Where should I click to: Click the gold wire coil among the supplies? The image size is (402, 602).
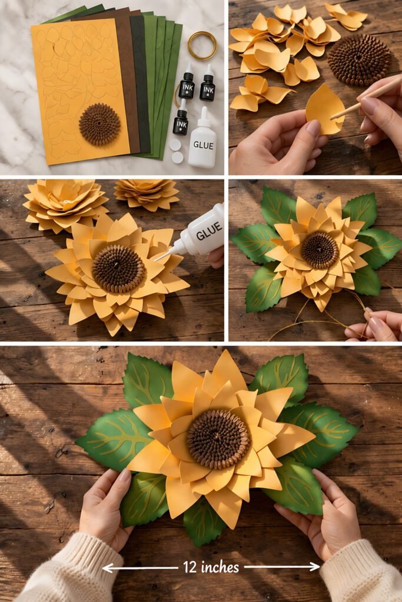click(202, 45)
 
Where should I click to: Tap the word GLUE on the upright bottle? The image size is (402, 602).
click(202, 145)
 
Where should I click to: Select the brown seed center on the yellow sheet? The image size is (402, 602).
click(99, 124)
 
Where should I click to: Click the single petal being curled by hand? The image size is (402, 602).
click(324, 109)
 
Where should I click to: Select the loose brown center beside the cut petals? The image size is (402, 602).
click(359, 59)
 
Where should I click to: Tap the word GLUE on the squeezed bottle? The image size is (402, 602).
click(208, 235)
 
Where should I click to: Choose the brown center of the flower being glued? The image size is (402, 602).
click(118, 269)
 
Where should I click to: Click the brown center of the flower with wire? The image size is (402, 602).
click(320, 250)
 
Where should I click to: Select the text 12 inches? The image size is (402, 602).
click(211, 567)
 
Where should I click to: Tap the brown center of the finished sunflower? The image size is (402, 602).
click(218, 439)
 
